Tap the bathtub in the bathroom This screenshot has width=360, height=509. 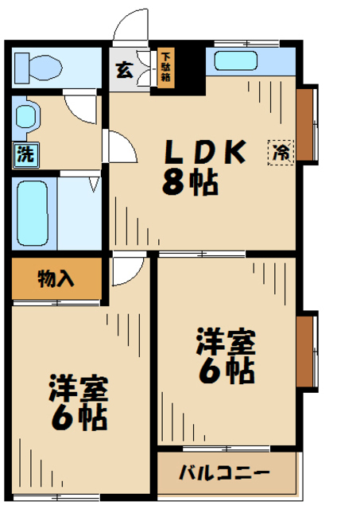coord(33,213)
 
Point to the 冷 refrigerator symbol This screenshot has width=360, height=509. coord(281,152)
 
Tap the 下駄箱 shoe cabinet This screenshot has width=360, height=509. coord(166,68)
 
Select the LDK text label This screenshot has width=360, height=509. coord(203,150)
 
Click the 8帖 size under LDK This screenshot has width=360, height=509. coord(192,185)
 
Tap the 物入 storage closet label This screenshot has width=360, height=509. coord(56,278)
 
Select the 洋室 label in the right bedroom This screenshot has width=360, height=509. coord(226,341)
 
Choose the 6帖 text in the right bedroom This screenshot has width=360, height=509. coord(226,371)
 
